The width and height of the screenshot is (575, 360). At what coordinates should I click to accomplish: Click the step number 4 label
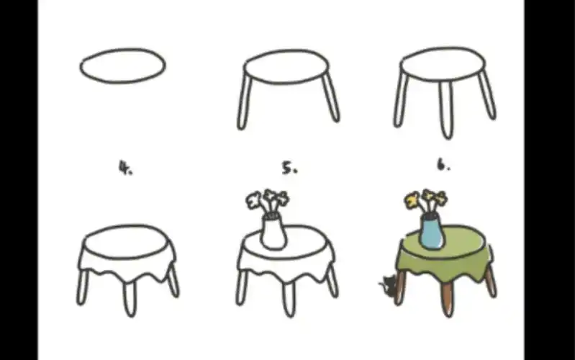125,168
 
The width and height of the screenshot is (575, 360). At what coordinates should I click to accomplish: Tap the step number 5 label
289,168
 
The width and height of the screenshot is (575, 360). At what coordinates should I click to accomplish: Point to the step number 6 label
443,166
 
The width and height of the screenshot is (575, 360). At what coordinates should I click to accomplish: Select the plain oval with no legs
122,66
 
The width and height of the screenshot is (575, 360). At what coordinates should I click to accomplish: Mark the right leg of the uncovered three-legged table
487,95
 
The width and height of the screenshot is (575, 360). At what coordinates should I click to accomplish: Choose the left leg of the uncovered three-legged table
401,99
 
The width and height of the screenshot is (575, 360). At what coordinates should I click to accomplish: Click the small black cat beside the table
387,286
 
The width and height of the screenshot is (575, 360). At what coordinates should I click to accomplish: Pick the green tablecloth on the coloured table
444,256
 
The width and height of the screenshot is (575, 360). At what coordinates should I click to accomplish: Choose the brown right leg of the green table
489,280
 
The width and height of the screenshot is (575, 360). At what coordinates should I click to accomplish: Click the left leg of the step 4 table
83,286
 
